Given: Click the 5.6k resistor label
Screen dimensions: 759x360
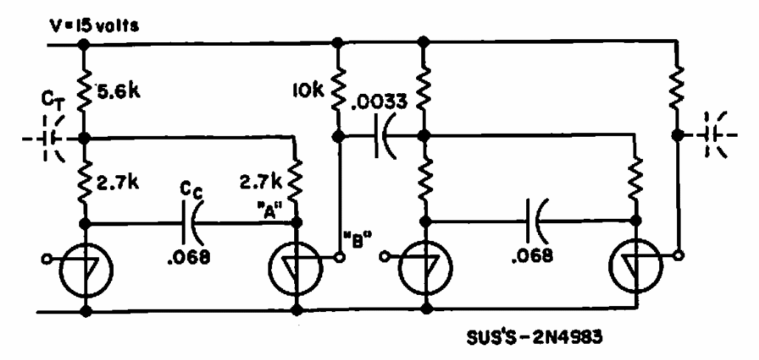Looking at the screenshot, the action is click(x=118, y=92).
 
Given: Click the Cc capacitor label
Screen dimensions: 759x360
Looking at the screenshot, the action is click(x=193, y=191).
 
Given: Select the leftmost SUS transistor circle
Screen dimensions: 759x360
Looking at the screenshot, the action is click(x=86, y=267).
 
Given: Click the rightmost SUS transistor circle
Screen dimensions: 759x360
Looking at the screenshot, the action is click(x=636, y=268).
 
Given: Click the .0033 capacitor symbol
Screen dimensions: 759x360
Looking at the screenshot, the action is click(x=385, y=138).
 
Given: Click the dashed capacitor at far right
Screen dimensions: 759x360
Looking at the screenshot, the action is click(x=715, y=135).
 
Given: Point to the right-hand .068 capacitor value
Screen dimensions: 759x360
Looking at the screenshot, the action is click(x=531, y=255).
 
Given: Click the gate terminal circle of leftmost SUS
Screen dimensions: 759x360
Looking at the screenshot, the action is click(x=47, y=259).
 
